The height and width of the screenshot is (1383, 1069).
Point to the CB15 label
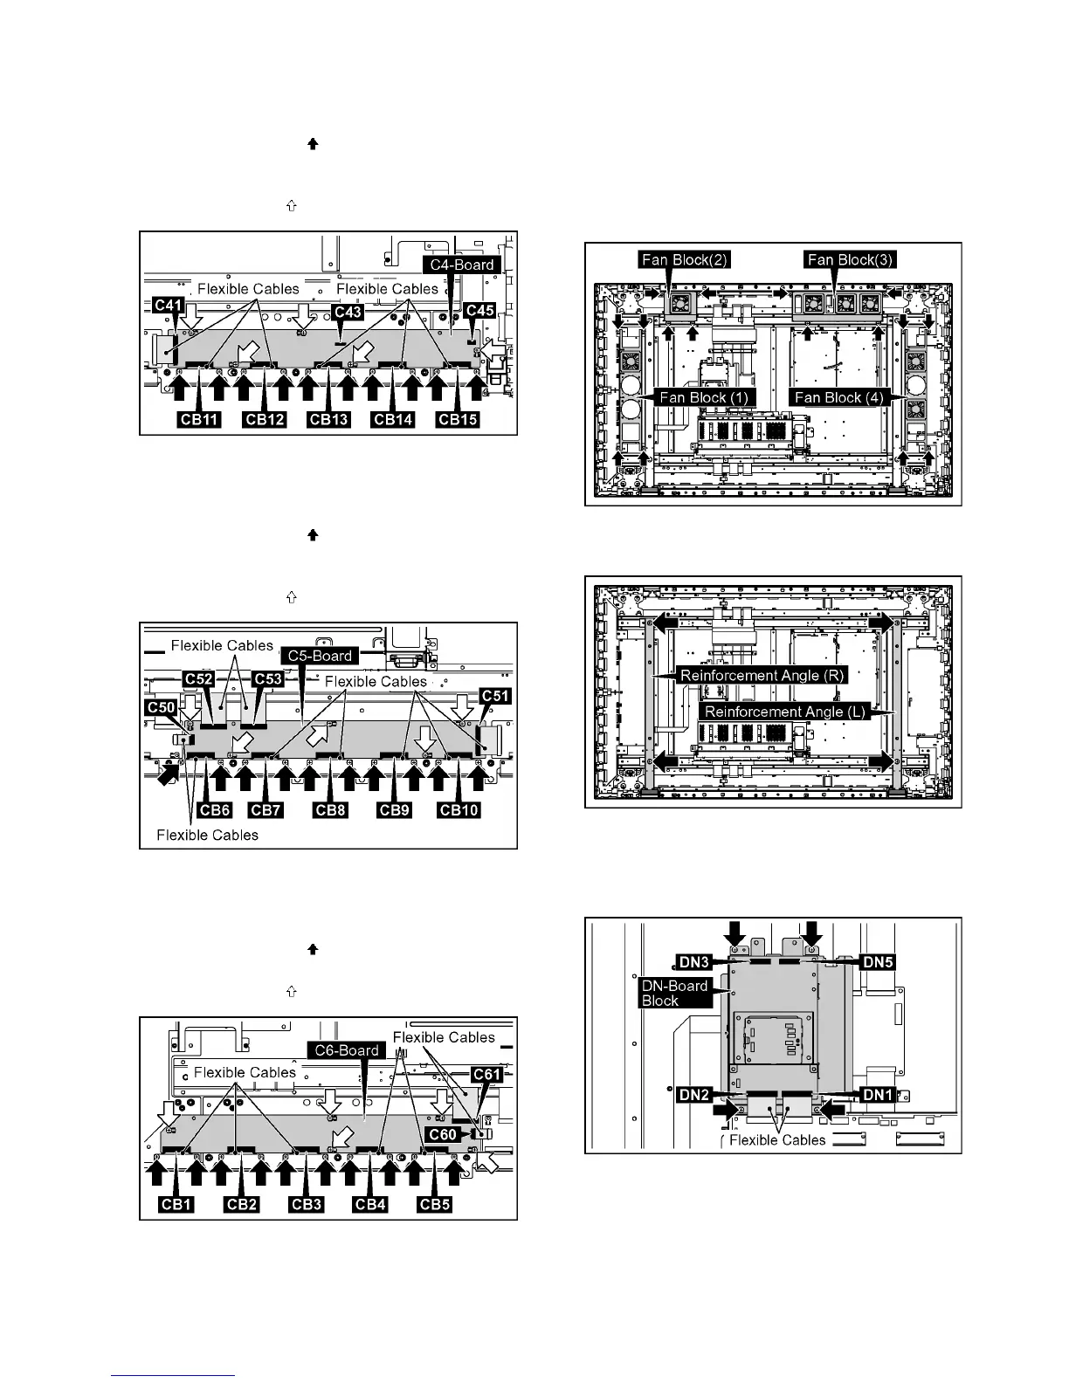(458, 420)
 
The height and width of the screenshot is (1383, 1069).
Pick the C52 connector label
(200, 678)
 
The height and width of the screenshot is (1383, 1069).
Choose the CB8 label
(330, 810)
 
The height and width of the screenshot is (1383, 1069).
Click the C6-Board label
(347, 1050)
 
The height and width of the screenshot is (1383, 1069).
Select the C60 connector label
(442, 1134)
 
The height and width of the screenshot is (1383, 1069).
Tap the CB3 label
(307, 1205)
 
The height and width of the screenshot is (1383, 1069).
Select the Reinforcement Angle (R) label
(762, 675)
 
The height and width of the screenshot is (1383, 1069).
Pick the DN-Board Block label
(673, 993)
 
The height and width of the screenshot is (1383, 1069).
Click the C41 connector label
(168, 305)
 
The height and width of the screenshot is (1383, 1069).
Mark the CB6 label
(215, 810)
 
